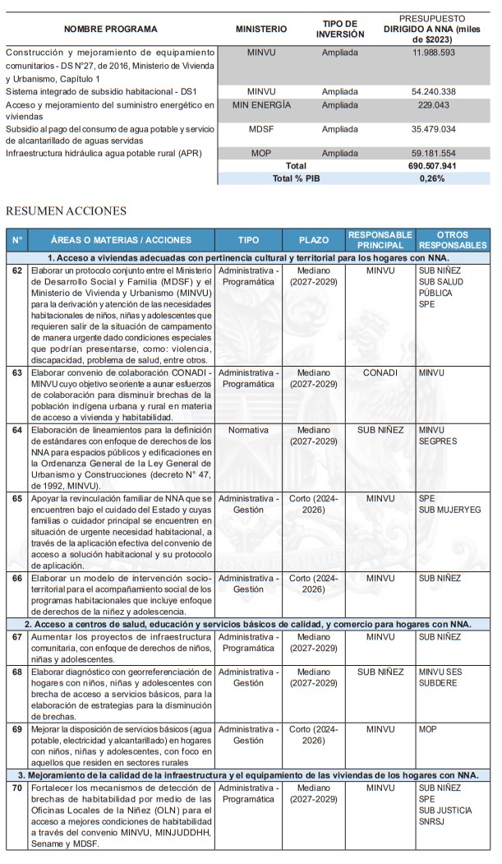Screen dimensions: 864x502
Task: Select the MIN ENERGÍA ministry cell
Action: pos(261,105)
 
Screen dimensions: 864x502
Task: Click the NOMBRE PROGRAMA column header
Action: pos(110,29)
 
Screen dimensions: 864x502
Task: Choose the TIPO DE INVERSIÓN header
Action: pos(339,29)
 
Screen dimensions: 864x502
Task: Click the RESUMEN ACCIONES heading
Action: pos(67,211)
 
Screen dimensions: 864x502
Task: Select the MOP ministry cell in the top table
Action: pos(261,153)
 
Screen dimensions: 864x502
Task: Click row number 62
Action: pos(17,270)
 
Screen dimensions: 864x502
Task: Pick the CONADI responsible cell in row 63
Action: pos(380,372)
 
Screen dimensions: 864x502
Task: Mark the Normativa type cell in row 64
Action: pos(248,429)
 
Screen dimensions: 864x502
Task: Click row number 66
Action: pos(17,579)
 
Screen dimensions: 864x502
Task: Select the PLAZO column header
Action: pos(313,240)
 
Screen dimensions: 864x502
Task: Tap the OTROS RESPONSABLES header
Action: pos(453,240)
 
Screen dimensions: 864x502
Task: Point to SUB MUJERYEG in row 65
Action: pos(450,510)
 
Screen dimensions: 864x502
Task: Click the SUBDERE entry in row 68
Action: pos(438,682)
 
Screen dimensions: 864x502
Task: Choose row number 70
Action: pos(17,788)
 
